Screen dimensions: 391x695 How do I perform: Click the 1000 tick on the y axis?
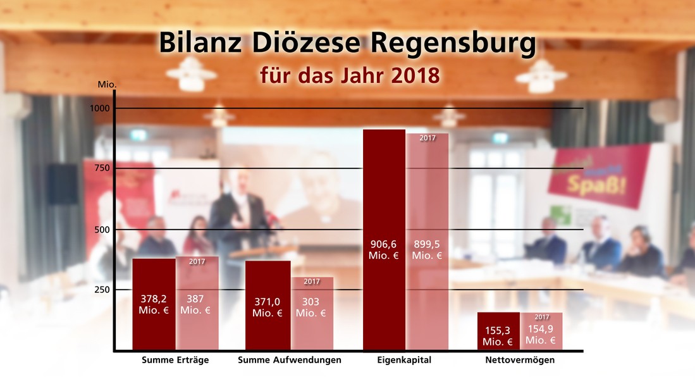[x=99, y=108]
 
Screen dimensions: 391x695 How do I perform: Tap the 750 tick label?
[x=101, y=168]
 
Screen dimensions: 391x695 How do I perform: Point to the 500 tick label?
[x=101, y=230]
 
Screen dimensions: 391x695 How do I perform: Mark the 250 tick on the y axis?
[x=101, y=290]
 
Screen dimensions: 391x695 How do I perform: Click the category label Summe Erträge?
[x=175, y=360]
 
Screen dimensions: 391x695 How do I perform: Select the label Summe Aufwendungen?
[x=290, y=360]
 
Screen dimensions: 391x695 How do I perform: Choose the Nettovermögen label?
[x=520, y=360]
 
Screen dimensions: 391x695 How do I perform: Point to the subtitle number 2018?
[x=415, y=75]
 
